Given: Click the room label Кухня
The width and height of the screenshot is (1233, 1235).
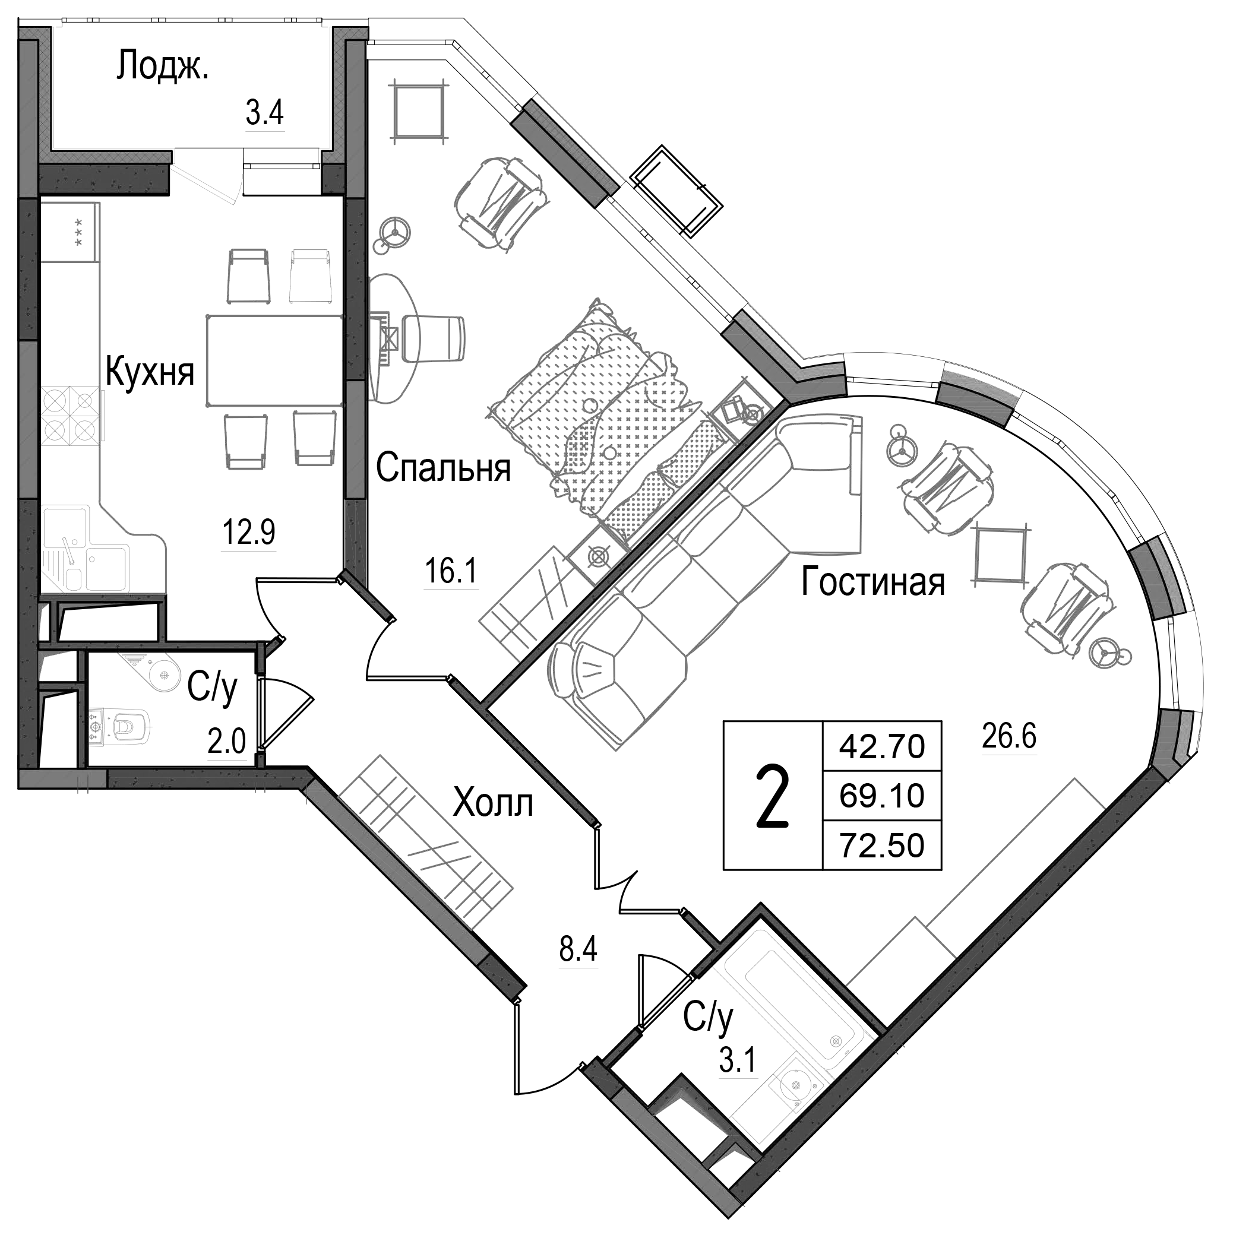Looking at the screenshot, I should (150, 372).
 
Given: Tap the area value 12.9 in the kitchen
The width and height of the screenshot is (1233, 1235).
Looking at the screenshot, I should (248, 532).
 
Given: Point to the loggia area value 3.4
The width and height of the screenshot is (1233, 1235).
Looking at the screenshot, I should (264, 114).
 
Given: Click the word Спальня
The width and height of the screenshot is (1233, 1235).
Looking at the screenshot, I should (443, 468).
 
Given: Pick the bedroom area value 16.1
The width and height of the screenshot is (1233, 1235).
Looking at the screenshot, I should (451, 571).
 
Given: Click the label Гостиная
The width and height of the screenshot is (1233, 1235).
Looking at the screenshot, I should (872, 582).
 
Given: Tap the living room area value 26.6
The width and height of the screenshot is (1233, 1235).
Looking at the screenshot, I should (1008, 736).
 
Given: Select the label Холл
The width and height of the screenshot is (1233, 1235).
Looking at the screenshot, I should (492, 803).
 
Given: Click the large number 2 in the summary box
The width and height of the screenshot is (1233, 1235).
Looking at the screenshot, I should (772, 796).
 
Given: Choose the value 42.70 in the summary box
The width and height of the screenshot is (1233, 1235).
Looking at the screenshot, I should (881, 746).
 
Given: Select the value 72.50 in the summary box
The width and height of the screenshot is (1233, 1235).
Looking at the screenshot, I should (881, 845).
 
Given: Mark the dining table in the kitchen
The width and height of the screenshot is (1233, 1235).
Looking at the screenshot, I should (274, 360).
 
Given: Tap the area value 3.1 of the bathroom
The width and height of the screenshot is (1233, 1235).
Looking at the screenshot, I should (738, 1062).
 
